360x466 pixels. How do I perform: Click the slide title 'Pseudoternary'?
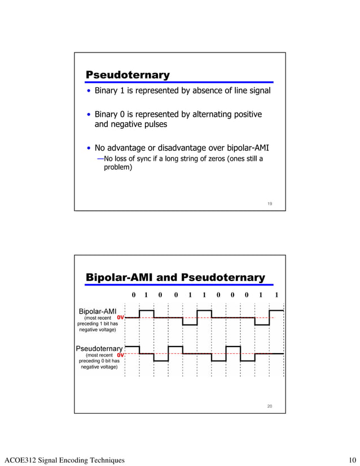click(x=127, y=74)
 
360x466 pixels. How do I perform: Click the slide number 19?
click(x=270, y=204)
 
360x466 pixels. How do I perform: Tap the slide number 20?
click(x=270, y=406)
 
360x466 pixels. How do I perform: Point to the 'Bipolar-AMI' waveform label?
click(x=97, y=311)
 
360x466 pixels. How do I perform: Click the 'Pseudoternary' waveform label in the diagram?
click(x=99, y=348)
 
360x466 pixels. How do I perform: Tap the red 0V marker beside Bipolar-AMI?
click(x=120, y=318)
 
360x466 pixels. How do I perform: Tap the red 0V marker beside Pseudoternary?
click(x=120, y=355)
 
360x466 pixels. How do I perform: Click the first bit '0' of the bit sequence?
click(x=133, y=295)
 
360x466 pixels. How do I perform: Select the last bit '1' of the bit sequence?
click(x=276, y=295)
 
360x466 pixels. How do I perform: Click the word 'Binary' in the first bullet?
click(x=107, y=91)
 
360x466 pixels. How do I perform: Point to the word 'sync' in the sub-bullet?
click(x=143, y=159)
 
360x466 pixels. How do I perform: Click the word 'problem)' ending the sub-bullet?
click(x=118, y=167)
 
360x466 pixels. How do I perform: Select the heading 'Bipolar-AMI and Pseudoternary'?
click(x=174, y=277)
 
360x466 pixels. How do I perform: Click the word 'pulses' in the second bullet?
click(x=155, y=124)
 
